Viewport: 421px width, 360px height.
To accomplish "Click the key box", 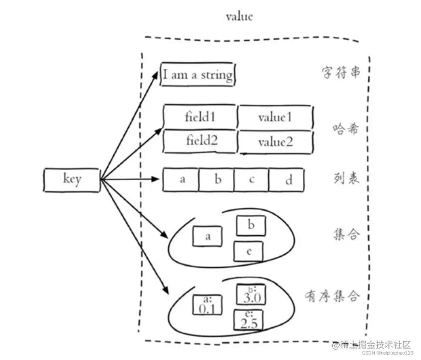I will [x=72, y=180].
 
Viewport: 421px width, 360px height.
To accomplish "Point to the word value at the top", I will [x=239, y=16].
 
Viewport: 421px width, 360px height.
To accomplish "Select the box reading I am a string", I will [x=198, y=75].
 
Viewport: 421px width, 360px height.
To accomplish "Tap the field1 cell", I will [x=200, y=117].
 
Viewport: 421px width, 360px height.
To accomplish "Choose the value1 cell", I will [x=275, y=118].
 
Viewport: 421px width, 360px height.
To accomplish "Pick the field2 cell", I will [x=200, y=141].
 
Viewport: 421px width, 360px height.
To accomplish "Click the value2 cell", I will [x=275, y=142].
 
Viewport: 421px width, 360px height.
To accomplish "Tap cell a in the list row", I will [x=182, y=180].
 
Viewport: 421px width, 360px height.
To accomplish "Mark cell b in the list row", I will [x=217, y=180].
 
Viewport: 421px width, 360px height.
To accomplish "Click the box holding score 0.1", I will [x=207, y=304].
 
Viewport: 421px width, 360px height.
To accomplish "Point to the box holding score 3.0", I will [x=251, y=295].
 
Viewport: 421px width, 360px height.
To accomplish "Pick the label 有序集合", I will [x=332, y=296].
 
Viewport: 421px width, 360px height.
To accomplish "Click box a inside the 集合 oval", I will [x=207, y=237].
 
